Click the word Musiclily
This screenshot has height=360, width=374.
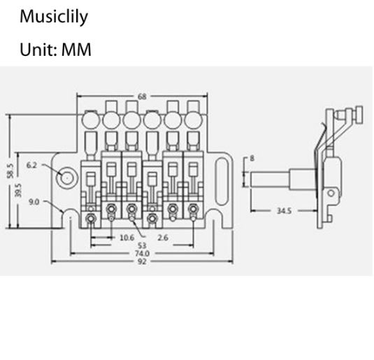pyautogui.click(x=54, y=17)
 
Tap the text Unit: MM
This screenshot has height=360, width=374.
pyautogui.click(x=55, y=50)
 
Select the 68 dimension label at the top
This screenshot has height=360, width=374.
pyautogui.click(x=142, y=96)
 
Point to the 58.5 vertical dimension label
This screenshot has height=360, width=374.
pyautogui.click(x=11, y=171)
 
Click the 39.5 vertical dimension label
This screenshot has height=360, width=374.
pyautogui.click(x=18, y=190)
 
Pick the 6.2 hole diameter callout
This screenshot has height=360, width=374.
pyautogui.click(x=31, y=165)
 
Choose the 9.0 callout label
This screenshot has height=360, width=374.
pyautogui.click(x=34, y=202)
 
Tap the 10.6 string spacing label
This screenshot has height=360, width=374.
pyautogui.click(x=127, y=238)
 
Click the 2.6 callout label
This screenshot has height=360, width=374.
pyautogui.click(x=163, y=238)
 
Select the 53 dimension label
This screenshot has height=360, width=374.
pyautogui.click(x=142, y=245)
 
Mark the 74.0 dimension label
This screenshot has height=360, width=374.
pyautogui.click(x=142, y=253)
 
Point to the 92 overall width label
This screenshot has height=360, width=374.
pyautogui.click(x=142, y=261)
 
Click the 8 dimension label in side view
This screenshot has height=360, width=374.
pyautogui.click(x=252, y=158)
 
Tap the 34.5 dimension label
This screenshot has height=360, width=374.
pyautogui.click(x=284, y=211)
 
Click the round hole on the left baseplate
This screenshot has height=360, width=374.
pyautogui.click(x=67, y=178)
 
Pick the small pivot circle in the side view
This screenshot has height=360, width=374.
pyautogui.click(x=331, y=193)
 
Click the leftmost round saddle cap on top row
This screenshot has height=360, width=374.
pyautogui.click(x=90, y=120)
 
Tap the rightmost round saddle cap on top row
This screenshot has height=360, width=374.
pyautogui.click(x=194, y=120)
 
